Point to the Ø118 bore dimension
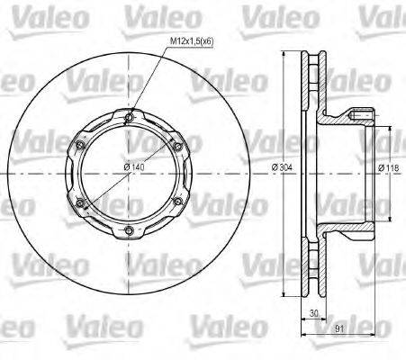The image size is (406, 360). click(x=389, y=167)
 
